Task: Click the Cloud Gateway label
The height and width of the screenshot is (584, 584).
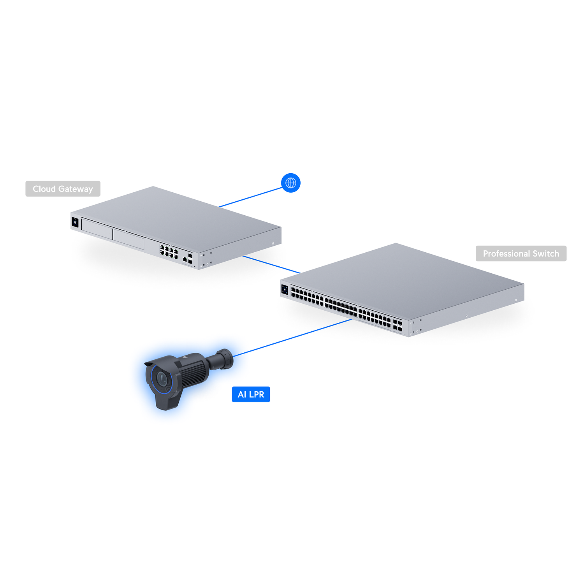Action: tap(63, 189)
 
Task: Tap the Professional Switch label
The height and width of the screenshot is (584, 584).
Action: tap(521, 253)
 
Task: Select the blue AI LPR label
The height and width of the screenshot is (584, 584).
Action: tap(251, 394)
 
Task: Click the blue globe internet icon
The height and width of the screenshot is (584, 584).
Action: tap(291, 183)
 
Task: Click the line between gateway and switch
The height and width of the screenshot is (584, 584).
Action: tap(271, 264)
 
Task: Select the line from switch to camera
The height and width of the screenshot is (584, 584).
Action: tap(292, 338)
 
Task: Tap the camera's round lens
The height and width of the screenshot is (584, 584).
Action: tap(161, 378)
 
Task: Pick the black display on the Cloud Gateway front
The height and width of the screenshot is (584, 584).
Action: tap(75, 223)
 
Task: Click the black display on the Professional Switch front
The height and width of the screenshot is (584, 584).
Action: tap(285, 290)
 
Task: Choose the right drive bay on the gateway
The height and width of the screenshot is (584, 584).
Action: tap(128, 238)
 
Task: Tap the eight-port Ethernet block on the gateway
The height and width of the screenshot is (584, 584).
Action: tap(169, 251)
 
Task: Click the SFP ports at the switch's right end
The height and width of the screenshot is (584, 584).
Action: tap(398, 326)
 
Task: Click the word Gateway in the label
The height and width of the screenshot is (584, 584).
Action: tap(76, 189)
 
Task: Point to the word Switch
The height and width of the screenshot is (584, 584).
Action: tap(546, 253)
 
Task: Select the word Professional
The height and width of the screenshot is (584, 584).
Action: tap(507, 253)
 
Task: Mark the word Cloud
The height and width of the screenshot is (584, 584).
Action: tap(44, 189)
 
